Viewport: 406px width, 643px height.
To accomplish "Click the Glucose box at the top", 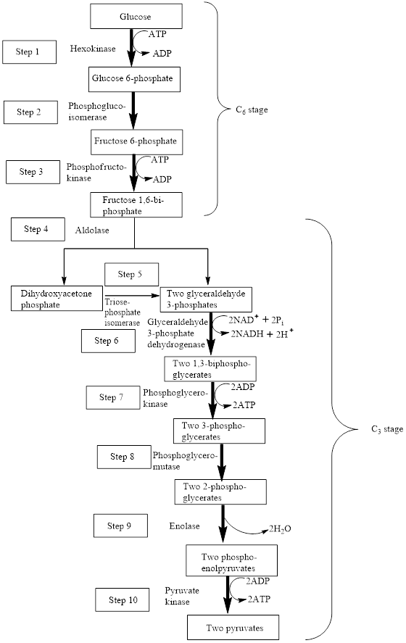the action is click(x=136, y=17).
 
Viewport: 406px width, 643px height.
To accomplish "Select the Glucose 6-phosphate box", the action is click(x=135, y=79).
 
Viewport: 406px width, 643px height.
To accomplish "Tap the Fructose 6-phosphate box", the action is click(x=136, y=142).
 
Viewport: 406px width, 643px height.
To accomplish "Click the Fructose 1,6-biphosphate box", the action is click(x=136, y=205).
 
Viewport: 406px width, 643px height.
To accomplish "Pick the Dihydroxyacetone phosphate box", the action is click(x=56, y=298).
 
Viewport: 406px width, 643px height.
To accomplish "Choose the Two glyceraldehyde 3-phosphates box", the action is click(x=206, y=300).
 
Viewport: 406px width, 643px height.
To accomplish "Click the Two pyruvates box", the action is click(x=233, y=628).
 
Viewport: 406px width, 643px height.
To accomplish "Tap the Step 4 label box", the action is click(x=38, y=229).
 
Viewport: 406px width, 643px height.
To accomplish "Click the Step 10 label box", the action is click(x=123, y=600).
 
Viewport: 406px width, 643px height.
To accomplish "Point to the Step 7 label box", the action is click(x=113, y=397).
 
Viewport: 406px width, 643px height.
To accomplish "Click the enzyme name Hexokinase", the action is click(x=93, y=49).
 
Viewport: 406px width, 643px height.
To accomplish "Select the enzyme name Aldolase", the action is click(x=92, y=230).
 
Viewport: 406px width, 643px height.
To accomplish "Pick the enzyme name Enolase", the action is click(x=185, y=526).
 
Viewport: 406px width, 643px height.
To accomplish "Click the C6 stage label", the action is click(x=252, y=110).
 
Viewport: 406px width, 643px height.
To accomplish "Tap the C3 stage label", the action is click(x=387, y=429).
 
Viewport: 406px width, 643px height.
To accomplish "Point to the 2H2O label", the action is click(x=280, y=529).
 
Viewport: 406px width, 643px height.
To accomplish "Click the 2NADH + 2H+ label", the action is click(x=262, y=333).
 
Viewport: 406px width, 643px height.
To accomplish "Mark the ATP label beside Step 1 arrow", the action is click(x=157, y=34).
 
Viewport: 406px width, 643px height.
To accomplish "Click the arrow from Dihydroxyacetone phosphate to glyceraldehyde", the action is click(x=132, y=295).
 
